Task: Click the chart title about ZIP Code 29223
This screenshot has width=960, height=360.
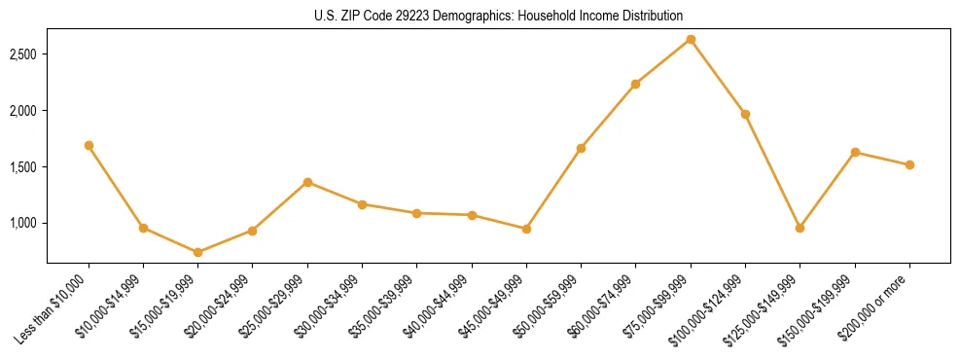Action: (x=498, y=16)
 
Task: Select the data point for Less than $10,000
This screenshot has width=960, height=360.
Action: (x=89, y=145)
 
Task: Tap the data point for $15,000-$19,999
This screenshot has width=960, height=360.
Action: (x=198, y=252)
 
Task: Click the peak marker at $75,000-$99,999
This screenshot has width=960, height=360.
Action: (x=691, y=39)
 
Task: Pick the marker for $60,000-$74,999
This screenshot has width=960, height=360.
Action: (x=636, y=84)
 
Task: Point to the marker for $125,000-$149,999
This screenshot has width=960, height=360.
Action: (x=800, y=228)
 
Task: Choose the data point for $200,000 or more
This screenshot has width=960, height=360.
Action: (x=909, y=164)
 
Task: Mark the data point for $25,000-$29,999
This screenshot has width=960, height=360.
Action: (x=307, y=182)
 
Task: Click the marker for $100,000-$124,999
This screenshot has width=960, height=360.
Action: (x=745, y=114)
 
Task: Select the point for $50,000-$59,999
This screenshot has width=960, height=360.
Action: (x=581, y=148)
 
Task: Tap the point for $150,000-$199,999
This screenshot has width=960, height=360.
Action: (x=855, y=152)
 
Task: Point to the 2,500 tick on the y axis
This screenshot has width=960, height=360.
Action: (x=23, y=54)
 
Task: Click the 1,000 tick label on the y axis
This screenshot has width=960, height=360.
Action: (x=23, y=223)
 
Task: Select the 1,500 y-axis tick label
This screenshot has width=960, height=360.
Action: (x=23, y=167)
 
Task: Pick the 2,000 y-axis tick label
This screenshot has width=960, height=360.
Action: (x=23, y=111)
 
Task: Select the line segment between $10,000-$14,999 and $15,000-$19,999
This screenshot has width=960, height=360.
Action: (x=171, y=240)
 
